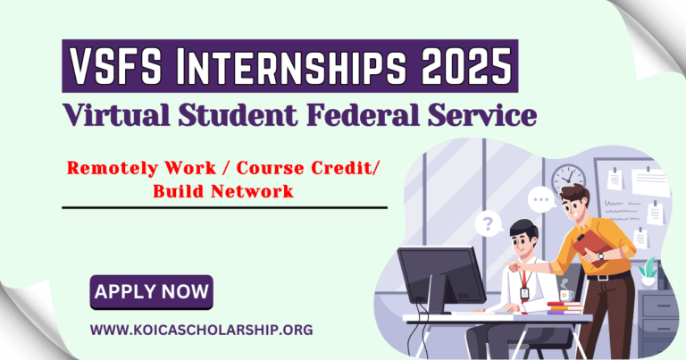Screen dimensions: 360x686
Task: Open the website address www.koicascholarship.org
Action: (201, 329)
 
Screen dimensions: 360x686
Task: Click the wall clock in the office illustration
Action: (567, 178)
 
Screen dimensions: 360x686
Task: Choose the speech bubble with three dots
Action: (540, 198)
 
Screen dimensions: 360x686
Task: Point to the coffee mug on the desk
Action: (565, 293)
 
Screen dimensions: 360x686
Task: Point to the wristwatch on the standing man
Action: (601, 256)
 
